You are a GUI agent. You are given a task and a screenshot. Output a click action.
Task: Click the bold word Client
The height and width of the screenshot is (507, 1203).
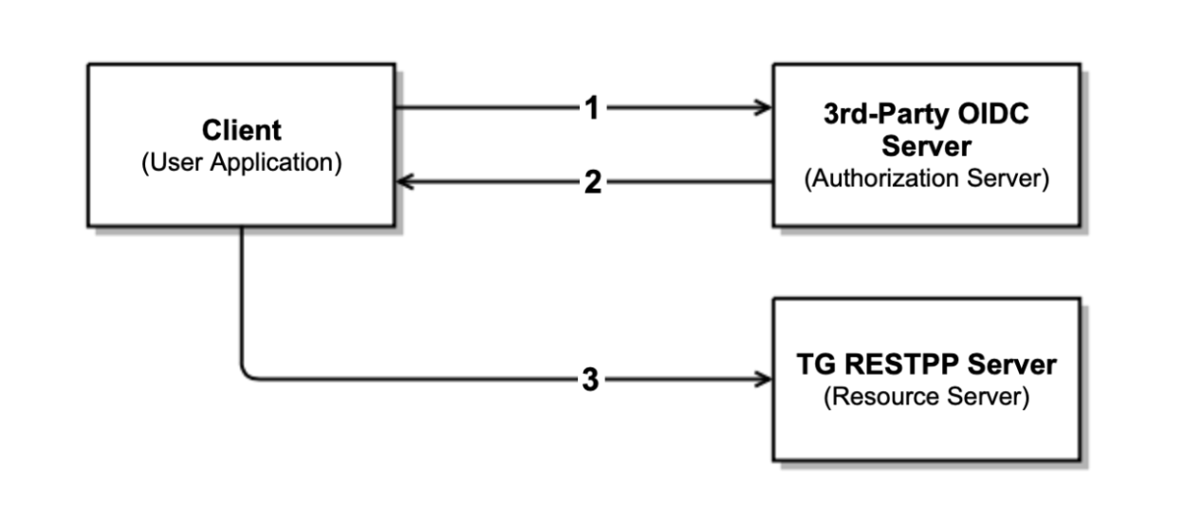pos(241,131)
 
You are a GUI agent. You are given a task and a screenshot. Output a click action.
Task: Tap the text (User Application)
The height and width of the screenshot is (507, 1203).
pos(241,162)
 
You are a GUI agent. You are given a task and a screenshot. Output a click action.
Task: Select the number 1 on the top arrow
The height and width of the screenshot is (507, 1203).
pos(591,108)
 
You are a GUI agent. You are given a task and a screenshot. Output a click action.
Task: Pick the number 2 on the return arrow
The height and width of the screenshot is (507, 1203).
pos(592,182)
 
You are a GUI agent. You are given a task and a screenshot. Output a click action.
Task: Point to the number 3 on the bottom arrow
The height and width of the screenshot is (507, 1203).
pos(590,381)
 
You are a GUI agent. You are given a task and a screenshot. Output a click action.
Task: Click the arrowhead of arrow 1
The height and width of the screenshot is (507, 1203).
pos(764,108)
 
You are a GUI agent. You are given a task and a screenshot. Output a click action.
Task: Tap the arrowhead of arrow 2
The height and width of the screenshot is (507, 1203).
pos(404,182)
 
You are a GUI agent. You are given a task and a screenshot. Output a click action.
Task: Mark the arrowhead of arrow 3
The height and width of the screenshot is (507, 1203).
pos(764,380)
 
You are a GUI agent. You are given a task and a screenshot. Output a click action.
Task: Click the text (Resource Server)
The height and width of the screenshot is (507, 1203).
pos(926,397)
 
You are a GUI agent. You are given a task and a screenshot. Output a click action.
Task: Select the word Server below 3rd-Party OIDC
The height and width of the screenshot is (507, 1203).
pos(926,146)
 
